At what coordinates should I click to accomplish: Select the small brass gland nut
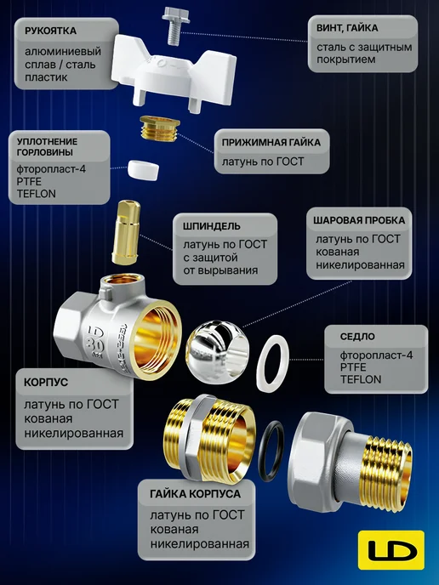click(x=159, y=128)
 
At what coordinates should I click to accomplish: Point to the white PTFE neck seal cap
click(x=143, y=170)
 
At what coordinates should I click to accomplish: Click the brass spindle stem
click(x=126, y=232)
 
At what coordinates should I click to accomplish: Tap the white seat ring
click(x=272, y=363)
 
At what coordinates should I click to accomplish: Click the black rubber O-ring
click(x=271, y=451)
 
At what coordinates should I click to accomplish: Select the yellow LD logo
click(x=391, y=549)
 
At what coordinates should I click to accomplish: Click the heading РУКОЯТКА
click(x=50, y=31)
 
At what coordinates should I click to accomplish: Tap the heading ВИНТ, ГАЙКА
click(x=347, y=28)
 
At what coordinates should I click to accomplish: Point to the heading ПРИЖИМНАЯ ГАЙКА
click(x=271, y=142)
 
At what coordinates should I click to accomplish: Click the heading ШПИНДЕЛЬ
click(x=212, y=226)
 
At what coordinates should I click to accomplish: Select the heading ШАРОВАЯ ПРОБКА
click(x=359, y=220)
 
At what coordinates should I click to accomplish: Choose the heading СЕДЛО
click(x=357, y=337)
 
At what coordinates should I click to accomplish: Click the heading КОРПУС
click(x=46, y=383)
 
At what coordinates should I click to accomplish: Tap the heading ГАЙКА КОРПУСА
click(x=195, y=494)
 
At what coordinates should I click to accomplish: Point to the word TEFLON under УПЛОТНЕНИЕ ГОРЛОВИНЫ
click(x=37, y=194)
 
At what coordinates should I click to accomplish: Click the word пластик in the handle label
click(x=46, y=77)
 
